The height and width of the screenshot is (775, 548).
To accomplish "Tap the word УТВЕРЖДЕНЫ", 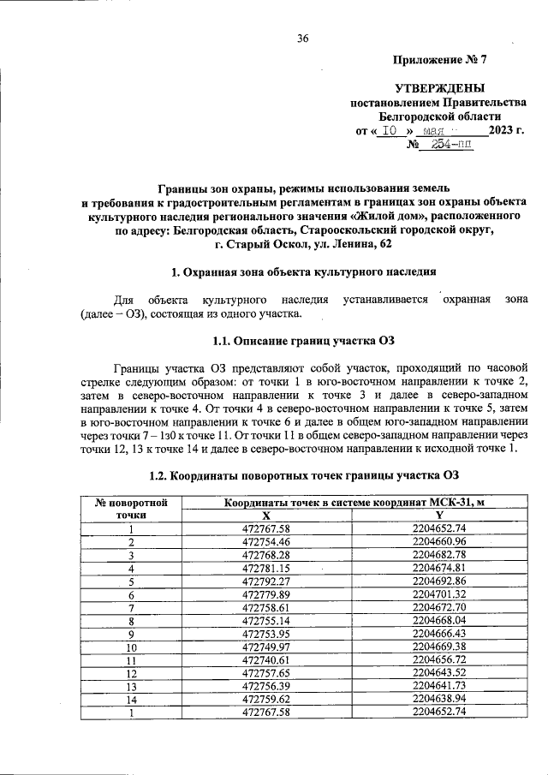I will click(439, 88).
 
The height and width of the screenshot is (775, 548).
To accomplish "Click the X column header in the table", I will click(266, 516).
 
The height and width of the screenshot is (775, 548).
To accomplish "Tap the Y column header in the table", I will click(438, 516).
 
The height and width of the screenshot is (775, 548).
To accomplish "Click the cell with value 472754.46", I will click(266, 542).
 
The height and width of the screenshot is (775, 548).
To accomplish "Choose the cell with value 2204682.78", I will click(438, 555).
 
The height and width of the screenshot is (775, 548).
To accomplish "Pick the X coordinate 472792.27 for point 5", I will click(266, 581).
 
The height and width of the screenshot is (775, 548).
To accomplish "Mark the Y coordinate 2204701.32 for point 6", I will click(438, 594).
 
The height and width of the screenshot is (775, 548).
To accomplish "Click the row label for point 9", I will click(132, 634).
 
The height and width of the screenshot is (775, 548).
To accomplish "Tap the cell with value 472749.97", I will click(266, 647).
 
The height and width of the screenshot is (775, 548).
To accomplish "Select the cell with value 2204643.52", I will click(438, 673).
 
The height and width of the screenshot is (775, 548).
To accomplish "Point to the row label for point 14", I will click(132, 699).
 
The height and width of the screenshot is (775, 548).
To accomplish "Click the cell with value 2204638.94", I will click(438, 699).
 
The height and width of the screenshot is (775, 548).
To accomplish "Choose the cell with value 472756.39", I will click(266, 686).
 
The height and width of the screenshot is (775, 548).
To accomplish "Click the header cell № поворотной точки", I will click(132, 509).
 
